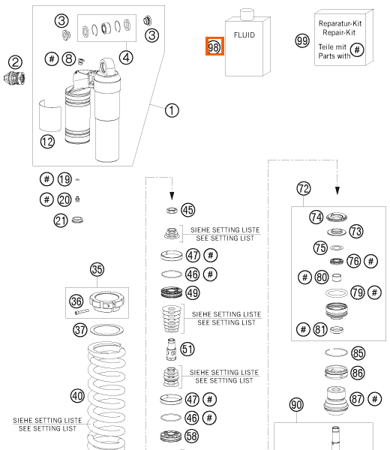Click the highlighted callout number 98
214,46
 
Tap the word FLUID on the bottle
244,35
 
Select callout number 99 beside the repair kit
302,40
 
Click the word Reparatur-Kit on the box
340,23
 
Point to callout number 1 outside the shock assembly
172,110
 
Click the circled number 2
15,62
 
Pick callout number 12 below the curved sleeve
47,142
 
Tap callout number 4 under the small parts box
126,58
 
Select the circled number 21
61,220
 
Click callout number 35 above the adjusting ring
97,269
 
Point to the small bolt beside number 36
82,312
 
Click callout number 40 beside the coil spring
77,396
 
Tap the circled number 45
188,210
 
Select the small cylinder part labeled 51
171,349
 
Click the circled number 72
304,188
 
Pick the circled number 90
296,405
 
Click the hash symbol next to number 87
375,399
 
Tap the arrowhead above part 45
172,196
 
